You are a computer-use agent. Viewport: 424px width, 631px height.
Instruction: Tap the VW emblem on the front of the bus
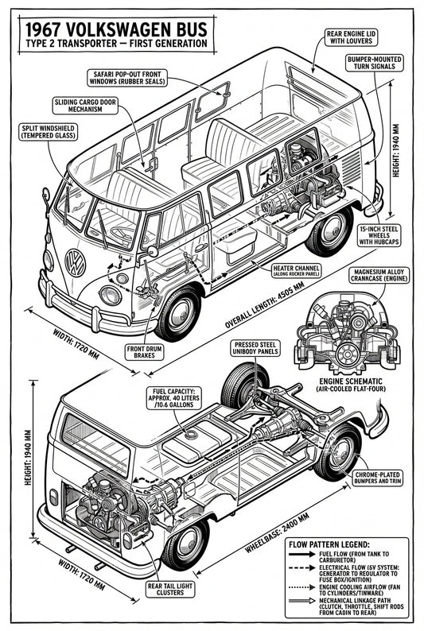[75, 261]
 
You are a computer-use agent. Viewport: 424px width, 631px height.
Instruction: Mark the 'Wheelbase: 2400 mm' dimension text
[251, 540]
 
